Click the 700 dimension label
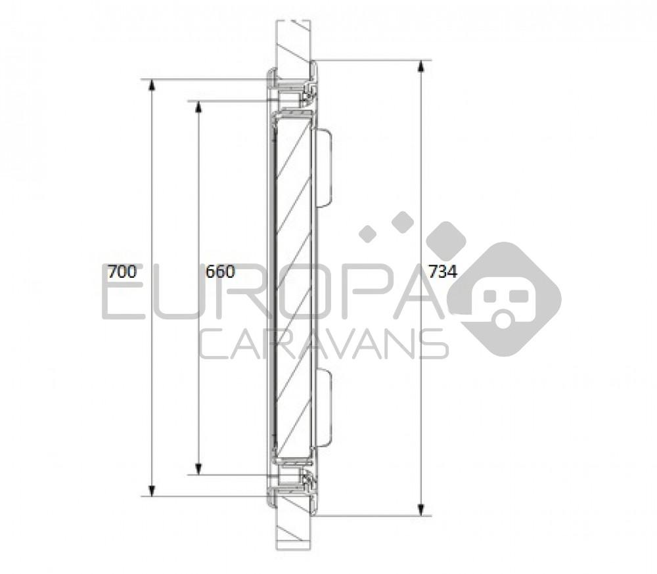coord(122,272)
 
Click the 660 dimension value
coord(220,272)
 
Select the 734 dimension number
coord(442,272)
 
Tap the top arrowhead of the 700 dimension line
coord(152,85)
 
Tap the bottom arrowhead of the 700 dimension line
coord(152,490)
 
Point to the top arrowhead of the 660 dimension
coord(199,107)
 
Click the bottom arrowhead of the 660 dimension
coord(199,469)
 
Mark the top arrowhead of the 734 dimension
coord(421,66)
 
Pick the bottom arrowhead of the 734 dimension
coord(421,510)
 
